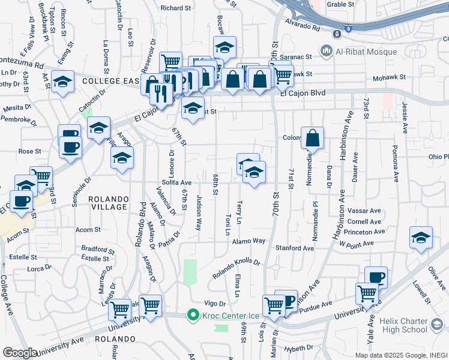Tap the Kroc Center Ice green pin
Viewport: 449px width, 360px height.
pos(193,314)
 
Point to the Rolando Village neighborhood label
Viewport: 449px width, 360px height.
pos(108,203)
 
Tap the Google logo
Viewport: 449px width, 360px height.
pos(20,353)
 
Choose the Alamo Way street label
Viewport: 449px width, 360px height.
pos(250,241)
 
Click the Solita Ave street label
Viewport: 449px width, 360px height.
pos(176,182)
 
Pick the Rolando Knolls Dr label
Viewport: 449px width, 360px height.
pos(236,269)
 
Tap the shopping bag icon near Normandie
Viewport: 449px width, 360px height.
pos(313,139)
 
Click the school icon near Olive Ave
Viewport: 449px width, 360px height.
pos(421,239)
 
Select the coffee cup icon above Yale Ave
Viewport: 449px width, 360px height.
pos(376,278)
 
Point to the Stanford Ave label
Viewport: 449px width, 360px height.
pos(295,247)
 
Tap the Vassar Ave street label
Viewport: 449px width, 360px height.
pos(367,211)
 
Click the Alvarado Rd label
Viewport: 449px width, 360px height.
pos(303,26)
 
